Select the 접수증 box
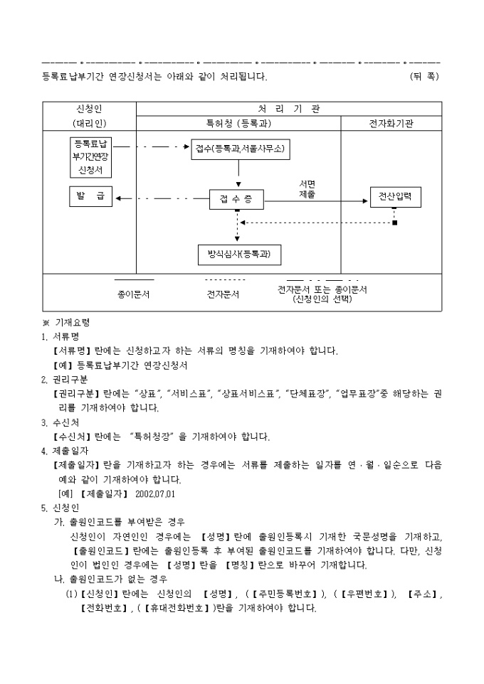237,200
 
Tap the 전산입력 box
395,197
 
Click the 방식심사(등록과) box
239,254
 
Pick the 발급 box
90,197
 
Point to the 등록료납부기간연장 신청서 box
91,156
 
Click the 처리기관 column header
288,109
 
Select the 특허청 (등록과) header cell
238,123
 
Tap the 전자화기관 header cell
391,123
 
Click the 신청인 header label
89,109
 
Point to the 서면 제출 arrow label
307,188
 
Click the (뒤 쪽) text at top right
424,75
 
